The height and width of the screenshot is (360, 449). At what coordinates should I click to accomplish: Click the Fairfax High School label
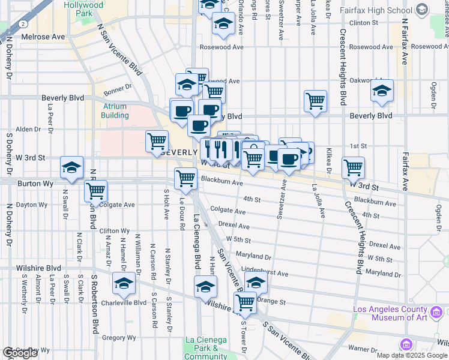pos(382,10)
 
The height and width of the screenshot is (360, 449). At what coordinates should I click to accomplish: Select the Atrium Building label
pos(114,110)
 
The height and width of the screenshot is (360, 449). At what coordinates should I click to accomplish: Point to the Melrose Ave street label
pos(43,37)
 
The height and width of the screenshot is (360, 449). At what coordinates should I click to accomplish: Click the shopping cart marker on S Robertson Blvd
pos(95,191)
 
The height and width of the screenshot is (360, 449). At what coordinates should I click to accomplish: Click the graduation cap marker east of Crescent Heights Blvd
pos(382,90)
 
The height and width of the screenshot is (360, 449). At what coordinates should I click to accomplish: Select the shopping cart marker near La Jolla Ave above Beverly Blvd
pos(315,101)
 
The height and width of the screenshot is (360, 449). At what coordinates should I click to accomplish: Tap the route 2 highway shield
pos(23,23)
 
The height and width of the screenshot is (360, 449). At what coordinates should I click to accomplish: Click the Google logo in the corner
pos(20,353)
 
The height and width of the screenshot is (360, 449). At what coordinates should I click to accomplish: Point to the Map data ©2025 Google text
pos(411,355)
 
